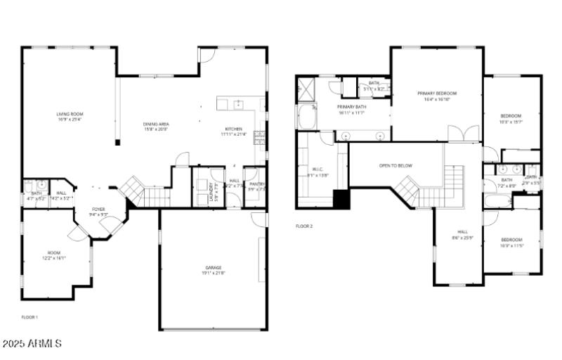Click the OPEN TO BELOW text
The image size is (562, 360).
396,166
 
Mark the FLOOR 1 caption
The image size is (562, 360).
30,317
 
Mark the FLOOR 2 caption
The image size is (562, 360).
303,226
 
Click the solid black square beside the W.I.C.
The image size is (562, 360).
341,199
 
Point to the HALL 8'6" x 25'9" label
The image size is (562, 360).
462,234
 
